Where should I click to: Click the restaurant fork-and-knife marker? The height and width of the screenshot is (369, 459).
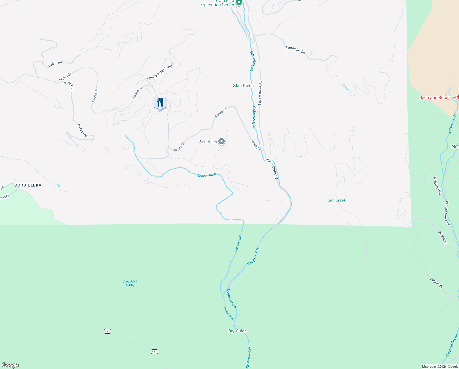pyautogui.click(x=160, y=102)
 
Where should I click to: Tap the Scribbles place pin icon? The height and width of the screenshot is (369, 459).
pyautogui.click(x=222, y=141)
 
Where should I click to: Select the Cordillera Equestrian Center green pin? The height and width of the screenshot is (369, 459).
pyautogui.click(x=239, y=2)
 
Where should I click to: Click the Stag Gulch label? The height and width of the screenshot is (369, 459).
pyautogui.click(x=243, y=86)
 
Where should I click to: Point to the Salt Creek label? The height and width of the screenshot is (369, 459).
pyautogui.click(x=337, y=200)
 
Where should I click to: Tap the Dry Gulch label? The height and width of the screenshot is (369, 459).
pyautogui.click(x=237, y=331)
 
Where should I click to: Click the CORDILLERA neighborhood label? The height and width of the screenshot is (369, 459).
pyautogui.click(x=28, y=185)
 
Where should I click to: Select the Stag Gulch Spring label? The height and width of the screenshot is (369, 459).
pyautogui.click(x=130, y=283)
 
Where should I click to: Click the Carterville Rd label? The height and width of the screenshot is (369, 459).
pyautogui.click(x=295, y=50)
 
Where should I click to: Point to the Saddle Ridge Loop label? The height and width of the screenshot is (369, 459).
pyautogui.click(x=160, y=73)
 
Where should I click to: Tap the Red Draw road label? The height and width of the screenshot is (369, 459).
pyautogui.click(x=55, y=64)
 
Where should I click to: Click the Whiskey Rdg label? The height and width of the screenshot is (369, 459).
pyautogui.click(x=438, y=185)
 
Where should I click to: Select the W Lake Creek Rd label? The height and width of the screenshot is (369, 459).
pyautogui.click(x=448, y=213)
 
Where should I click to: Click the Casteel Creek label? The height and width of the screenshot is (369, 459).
pyautogui.click(x=452, y=345)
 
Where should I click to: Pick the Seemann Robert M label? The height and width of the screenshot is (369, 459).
pyautogui.click(x=438, y=98)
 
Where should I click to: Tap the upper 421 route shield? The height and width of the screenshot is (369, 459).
pyautogui.click(x=107, y=331)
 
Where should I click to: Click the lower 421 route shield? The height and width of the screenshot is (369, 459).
pyautogui.click(x=154, y=351)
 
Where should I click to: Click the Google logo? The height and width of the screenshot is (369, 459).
pyautogui.click(x=10, y=365)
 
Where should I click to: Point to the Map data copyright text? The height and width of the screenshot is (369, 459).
pyautogui.click(x=440, y=367)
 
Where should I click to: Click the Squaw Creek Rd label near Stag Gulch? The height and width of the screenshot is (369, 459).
pyautogui.click(x=260, y=93)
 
